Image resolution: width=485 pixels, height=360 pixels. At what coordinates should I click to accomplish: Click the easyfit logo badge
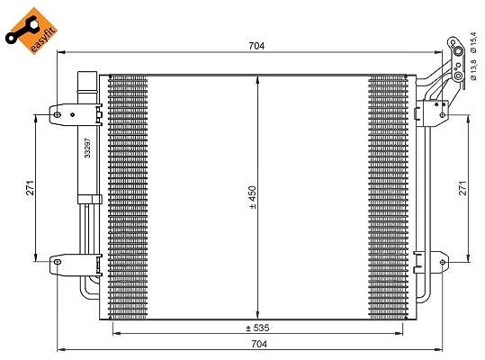click(x=31, y=31)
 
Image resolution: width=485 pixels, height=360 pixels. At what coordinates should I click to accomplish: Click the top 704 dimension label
click(x=256, y=46)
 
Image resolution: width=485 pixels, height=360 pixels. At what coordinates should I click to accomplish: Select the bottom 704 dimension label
click(x=259, y=344)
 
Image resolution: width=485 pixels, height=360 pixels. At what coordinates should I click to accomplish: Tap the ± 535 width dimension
click(x=257, y=328)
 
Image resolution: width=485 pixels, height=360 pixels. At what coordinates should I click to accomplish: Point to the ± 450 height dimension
click(x=253, y=197)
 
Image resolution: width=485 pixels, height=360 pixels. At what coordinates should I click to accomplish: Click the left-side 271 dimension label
click(x=31, y=188)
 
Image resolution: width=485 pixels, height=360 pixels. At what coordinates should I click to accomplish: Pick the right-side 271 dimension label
click(x=463, y=188)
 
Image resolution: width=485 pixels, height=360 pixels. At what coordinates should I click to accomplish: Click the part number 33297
click(x=88, y=148)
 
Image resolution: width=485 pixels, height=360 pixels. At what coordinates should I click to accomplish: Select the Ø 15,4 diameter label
click(x=473, y=42)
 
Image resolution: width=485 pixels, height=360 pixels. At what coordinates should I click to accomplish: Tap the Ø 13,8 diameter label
click(x=473, y=70)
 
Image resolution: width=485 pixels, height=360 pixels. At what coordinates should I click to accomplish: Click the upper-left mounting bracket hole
click(x=57, y=115)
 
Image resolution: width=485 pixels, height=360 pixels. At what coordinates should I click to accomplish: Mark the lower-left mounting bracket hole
click(x=58, y=262)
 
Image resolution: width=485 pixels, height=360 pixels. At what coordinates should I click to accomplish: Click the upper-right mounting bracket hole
click(x=443, y=115)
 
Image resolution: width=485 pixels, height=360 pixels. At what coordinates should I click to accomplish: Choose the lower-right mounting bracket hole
click(x=443, y=262)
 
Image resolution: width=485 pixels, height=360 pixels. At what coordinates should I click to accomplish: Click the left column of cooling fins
click(x=128, y=197)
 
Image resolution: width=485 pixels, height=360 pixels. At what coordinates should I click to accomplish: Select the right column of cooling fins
click(x=388, y=197)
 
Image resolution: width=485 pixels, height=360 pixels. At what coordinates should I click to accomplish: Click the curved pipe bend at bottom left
click(x=85, y=293)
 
